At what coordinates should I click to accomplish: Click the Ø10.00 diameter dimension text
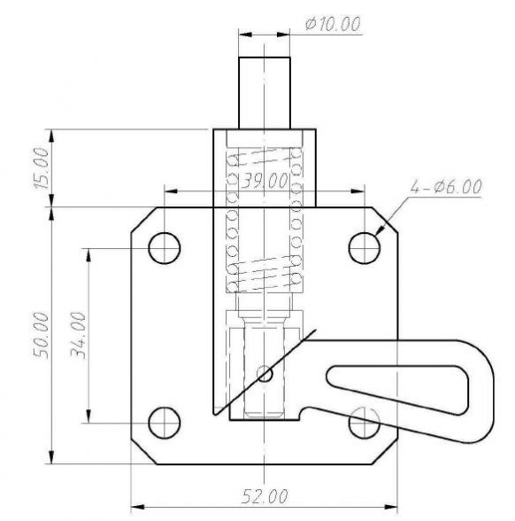coord(332,24)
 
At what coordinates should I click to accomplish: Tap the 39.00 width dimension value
coord(265,182)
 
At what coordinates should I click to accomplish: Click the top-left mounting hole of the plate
coord(164,247)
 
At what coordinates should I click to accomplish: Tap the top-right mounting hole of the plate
coord(364,247)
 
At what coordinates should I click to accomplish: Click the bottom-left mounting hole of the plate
coord(164,424)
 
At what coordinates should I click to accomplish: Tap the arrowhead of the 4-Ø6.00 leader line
coord(379,233)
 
